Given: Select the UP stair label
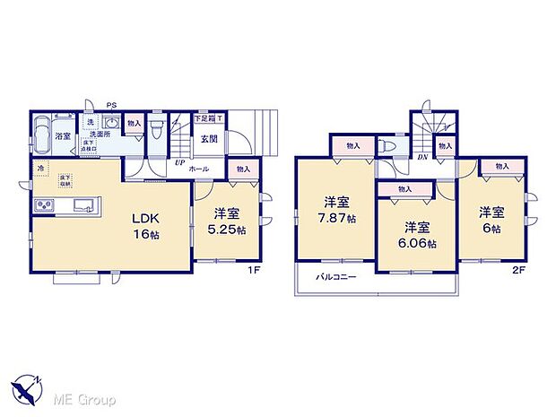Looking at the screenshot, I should coord(179,163).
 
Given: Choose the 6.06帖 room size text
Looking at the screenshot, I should coord(419,243).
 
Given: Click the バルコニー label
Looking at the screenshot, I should coord(336,277).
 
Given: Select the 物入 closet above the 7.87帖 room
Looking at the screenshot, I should coord(352,145).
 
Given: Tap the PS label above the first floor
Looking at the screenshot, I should coord(111,104).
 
